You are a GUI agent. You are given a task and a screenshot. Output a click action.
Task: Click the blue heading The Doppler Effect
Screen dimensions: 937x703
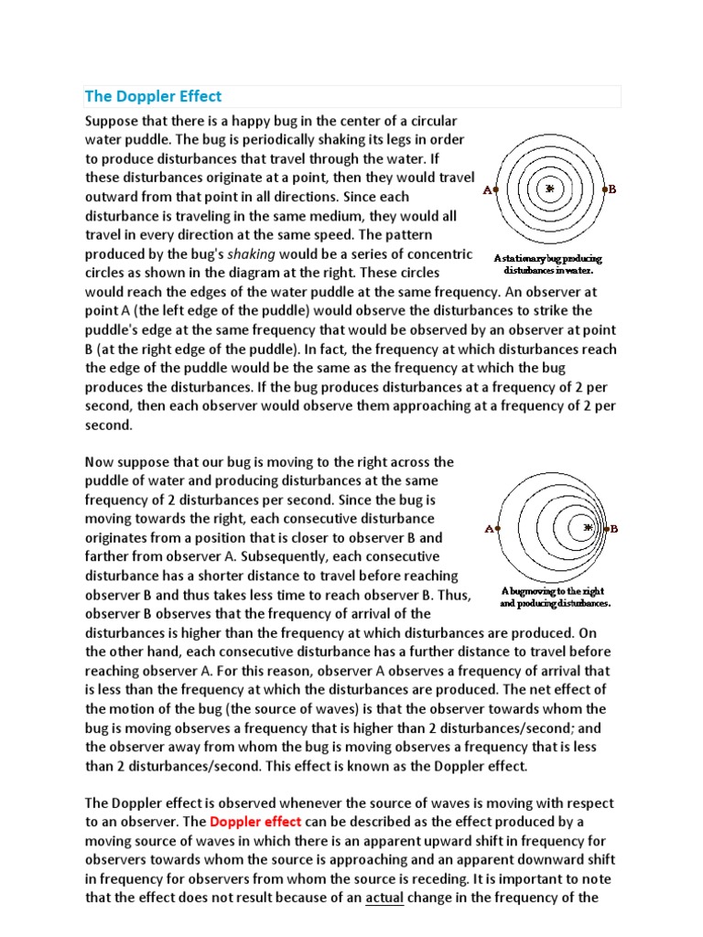(153, 96)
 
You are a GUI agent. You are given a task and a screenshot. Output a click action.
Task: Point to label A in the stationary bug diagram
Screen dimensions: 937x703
(487, 190)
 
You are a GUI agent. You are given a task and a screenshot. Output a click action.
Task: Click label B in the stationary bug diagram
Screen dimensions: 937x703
(612, 189)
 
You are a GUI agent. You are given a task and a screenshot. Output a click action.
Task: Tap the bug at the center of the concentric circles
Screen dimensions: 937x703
(550, 189)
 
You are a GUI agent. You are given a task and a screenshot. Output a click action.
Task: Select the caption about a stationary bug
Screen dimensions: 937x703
(547, 264)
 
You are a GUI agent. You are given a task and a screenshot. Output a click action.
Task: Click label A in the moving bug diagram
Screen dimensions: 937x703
(488, 529)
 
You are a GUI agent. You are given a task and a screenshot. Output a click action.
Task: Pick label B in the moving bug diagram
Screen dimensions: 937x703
(613, 529)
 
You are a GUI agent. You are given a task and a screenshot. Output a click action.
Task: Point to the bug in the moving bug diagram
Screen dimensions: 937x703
(588, 529)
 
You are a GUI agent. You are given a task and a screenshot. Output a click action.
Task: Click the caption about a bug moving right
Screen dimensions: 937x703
(553, 598)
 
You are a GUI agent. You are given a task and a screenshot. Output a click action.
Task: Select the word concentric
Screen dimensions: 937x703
(439, 253)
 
